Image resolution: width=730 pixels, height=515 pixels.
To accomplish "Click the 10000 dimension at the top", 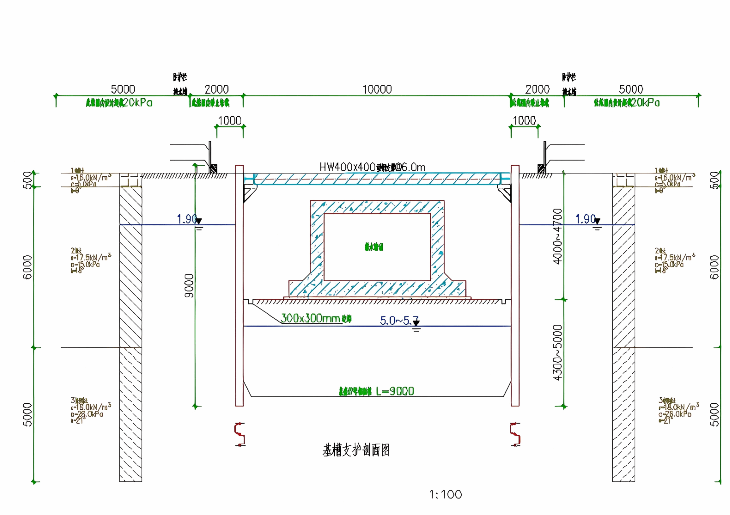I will [x=377, y=89].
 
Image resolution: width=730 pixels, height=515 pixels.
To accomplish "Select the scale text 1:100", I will [x=446, y=494].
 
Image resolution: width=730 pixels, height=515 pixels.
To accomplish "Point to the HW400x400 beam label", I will [x=372, y=167].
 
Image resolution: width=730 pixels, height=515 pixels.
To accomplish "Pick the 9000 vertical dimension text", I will [x=189, y=286].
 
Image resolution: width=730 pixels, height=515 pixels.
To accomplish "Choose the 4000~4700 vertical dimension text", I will [x=557, y=236].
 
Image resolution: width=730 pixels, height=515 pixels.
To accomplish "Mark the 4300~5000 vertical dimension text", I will [x=557, y=352].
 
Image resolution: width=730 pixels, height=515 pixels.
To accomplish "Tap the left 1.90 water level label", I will [x=187, y=219].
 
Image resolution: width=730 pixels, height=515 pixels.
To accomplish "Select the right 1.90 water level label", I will [x=585, y=219].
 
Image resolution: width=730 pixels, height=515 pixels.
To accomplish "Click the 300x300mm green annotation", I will [x=316, y=318].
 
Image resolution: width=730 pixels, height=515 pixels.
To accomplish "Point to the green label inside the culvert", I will [x=374, y=247].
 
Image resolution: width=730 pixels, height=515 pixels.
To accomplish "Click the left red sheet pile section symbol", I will [x=240, y=434].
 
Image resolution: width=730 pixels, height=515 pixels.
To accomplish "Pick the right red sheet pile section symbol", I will [x=515, y=434].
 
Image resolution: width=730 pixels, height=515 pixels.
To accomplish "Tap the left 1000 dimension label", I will [x=230, y=121].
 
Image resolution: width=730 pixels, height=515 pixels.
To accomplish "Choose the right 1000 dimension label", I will [x=524, y=121].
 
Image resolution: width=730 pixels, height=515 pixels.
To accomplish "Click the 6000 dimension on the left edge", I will [x=27, y=267].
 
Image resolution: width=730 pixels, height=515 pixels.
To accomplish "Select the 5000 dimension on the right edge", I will [x=714, y=414].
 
